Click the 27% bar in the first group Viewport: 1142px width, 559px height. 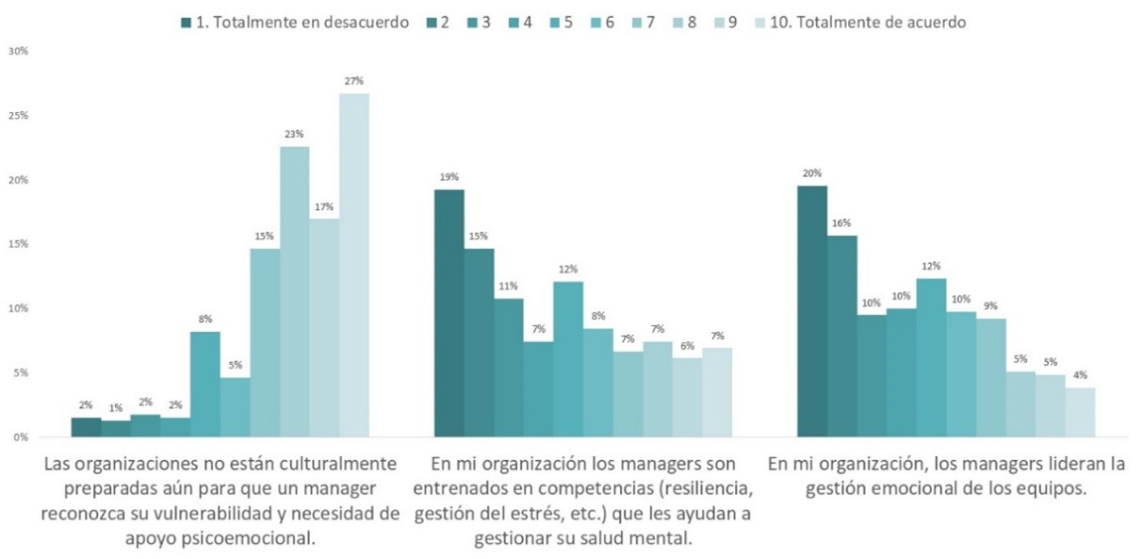354,265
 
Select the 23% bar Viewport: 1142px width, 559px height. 295,291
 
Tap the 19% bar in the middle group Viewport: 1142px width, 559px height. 449,313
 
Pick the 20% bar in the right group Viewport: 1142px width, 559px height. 812,311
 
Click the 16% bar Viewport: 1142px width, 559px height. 842,337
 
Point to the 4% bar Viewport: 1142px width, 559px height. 1081,412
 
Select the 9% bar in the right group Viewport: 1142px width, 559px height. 991,378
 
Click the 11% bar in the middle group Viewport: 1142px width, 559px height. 509,368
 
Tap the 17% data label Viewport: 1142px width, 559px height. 324,206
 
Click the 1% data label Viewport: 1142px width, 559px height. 116,408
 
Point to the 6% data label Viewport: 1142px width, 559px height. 687,346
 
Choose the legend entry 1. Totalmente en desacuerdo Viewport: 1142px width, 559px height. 295,23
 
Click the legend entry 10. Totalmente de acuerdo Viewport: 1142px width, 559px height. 860,23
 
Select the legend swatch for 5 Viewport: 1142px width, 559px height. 555,23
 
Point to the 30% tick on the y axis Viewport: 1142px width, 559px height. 18,51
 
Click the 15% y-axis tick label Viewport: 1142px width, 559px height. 18,244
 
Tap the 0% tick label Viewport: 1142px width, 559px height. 21,437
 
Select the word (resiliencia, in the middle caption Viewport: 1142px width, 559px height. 705,488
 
